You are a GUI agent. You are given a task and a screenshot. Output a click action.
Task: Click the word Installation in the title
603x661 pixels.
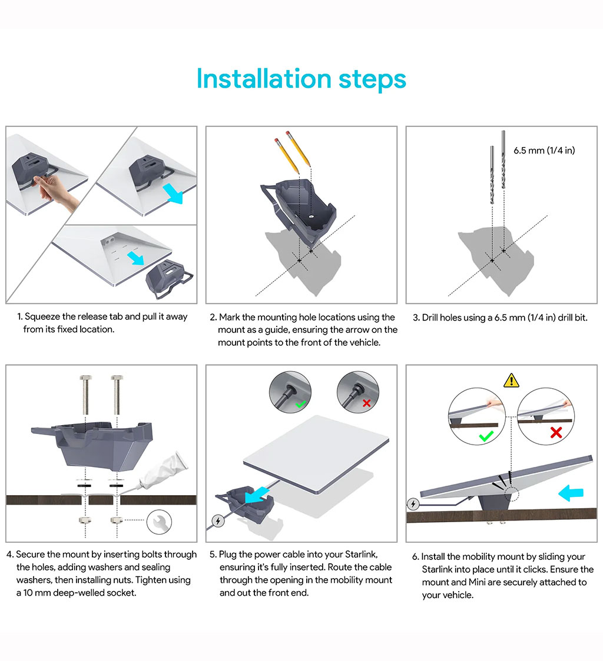pyautogui.click(x=264, y=79)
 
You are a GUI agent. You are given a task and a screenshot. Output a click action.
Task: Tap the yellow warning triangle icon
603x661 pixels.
pyautogui.click(x=511, y=380)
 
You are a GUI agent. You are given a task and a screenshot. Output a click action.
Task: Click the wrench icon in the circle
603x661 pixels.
pyautogui.click(x=160, y=522)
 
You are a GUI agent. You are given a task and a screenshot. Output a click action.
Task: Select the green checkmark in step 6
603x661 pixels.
pyautogui.click(x=486, y=436)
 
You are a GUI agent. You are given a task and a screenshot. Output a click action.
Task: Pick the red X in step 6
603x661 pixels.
pyautogui.click(x=556, y=432)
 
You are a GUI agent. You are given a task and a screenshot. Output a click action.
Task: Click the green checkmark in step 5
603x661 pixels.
pyautogui.click(x=301, y=404)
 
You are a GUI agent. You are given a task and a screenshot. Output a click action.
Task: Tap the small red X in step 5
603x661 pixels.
pyautogui.click(x=366, y=403)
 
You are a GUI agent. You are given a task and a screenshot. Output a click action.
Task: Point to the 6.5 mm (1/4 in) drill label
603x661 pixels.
pyautogui.click(x=544, y=151)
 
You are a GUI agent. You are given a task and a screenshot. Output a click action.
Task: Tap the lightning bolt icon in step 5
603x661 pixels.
pyautogui.click(x=218, y=521)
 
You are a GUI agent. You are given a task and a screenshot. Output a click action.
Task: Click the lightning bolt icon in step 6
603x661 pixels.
pyautogui.click(x=413, y=504)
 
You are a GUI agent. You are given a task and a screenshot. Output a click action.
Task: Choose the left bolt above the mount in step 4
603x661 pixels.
pyautogui.click(x=86, y=395)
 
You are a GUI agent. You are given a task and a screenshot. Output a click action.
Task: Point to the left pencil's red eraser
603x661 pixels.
pyautogui.click(x=276, y=140)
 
